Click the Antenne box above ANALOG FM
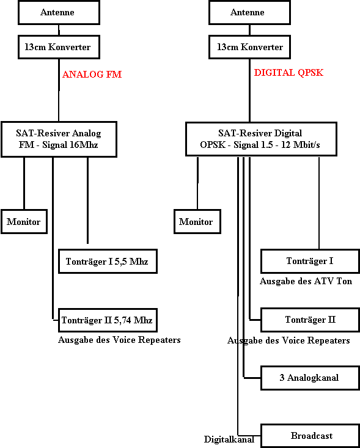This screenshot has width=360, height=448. tap(59, 12)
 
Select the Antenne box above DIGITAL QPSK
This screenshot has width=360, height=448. tap(249, 12)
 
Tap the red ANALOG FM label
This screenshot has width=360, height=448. tap(92, 75)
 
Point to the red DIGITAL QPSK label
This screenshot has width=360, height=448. tap(288, 73)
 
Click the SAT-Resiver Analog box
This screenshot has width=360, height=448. tap(59, 139)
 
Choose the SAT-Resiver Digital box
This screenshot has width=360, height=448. tap(261, 139)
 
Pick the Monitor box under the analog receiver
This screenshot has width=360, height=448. tap(24, 222)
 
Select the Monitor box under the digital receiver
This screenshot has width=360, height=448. tap(197, 222)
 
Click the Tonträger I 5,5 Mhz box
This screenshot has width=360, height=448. tap(108, 262)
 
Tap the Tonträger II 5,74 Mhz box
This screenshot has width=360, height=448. tap(108, 320)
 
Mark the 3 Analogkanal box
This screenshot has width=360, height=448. tap(310, 378)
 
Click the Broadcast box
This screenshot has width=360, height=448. tap(310, 436)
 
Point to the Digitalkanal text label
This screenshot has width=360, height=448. tap(229, 439)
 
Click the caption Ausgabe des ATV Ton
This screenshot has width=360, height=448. tap(306, 281)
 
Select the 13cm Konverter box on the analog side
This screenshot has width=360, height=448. tap(59, 47)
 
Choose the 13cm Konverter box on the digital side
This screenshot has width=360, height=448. tap(249, 47)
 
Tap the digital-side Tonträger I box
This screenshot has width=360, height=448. tap(310, 261)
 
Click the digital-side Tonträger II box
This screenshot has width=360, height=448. tap(310, 320)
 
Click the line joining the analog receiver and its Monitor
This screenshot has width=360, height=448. tap(24, 183)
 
